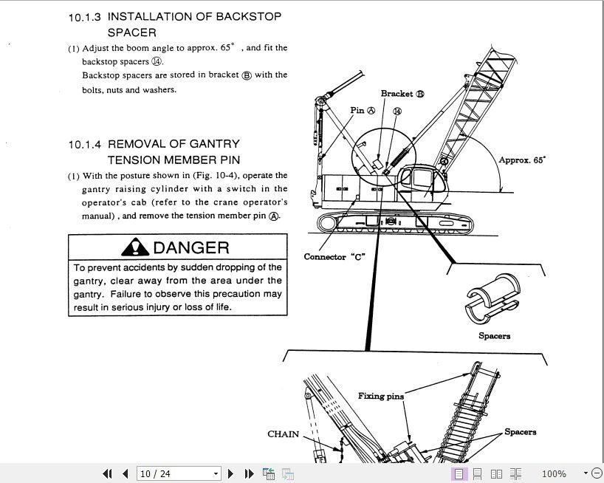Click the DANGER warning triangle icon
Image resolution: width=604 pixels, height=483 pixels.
point(135,247)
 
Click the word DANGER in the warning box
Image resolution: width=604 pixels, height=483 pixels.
point(191,247)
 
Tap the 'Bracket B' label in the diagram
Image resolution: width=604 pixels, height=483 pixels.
point(402,94)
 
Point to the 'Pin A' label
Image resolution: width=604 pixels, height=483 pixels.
point(363,110)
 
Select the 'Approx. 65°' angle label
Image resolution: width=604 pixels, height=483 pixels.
point(522,160)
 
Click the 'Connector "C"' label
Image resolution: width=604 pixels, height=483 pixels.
point(334,257)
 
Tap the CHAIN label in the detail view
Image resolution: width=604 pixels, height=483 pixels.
point(283,434)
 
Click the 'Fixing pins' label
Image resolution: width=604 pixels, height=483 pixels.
point(381,396)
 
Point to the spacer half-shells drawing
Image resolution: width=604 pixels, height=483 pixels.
point(493,298)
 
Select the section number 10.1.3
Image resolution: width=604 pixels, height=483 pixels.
point(84,17)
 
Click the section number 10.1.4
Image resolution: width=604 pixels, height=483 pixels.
point(85,145)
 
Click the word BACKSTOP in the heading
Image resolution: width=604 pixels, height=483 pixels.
point(248,16)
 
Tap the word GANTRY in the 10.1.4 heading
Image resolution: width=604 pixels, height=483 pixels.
point(215,144)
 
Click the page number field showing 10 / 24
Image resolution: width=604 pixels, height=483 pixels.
point(179,473)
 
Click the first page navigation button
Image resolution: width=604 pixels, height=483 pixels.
point(108,473)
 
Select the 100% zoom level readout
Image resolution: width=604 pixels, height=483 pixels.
point(554,473)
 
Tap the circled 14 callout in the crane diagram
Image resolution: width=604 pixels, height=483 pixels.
point(397,112)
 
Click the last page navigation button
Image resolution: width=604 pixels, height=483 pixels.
point(250,473)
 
